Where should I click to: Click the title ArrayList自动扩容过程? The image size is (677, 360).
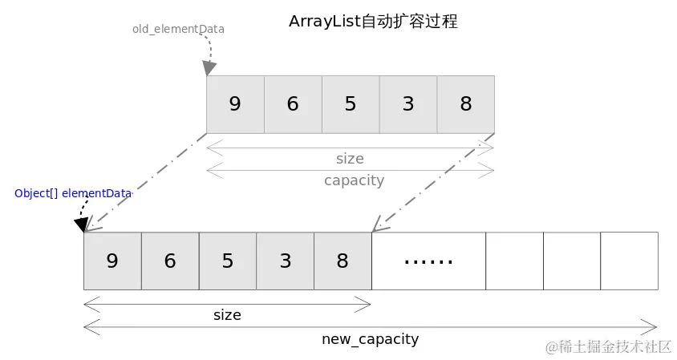coord(373,22)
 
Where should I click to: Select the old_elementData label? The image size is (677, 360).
coord(178,29)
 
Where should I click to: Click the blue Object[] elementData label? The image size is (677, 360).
coord(72,193)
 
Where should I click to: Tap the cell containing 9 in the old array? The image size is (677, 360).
coord(235,104)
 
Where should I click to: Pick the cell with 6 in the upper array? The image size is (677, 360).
coord(293,104)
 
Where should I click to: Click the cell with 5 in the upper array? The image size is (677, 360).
coord(351,104)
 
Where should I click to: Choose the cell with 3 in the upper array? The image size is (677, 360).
coord(408,104)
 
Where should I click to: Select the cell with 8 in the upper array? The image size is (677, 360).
coord(466,104)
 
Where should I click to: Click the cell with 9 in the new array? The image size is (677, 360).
coord(112,261)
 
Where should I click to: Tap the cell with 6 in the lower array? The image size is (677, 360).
coord(170,261)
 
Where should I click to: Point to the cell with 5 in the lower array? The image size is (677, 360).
coord(228,261)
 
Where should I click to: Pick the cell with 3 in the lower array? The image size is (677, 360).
coord(286,261)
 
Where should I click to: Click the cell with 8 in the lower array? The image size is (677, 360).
coord(343,261)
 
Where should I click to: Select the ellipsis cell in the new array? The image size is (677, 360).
coord(428,261)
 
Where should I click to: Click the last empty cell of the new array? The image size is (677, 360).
coord(629,261)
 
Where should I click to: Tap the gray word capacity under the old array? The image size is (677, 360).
coord(354,180)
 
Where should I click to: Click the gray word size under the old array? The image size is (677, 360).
coord(350,159)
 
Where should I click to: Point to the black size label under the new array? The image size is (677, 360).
coord(227,315)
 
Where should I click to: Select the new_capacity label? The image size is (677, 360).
coord(370,338)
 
